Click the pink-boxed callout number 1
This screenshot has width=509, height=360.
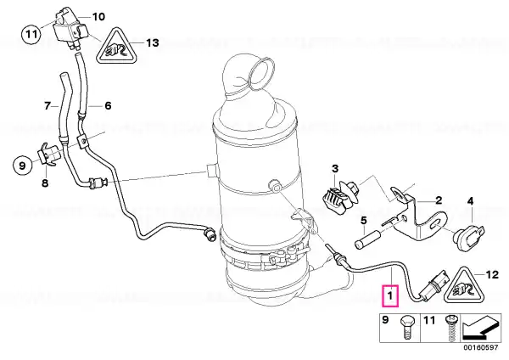pos(391,295)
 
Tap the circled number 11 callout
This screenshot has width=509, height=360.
pos(31,33)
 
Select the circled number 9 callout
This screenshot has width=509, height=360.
pos(22,166)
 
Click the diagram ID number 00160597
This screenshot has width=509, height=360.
pos(480,347)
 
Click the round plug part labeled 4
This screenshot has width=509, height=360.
pos(469,238)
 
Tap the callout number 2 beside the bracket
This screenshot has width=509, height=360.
pos(439,200)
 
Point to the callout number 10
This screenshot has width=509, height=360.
pos(98,17)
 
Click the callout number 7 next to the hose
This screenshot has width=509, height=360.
pos(48,105)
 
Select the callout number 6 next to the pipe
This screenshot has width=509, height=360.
pos(108,105)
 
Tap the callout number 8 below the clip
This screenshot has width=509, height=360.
pos(45,183)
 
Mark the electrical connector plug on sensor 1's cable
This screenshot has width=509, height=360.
pos(434,285)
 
